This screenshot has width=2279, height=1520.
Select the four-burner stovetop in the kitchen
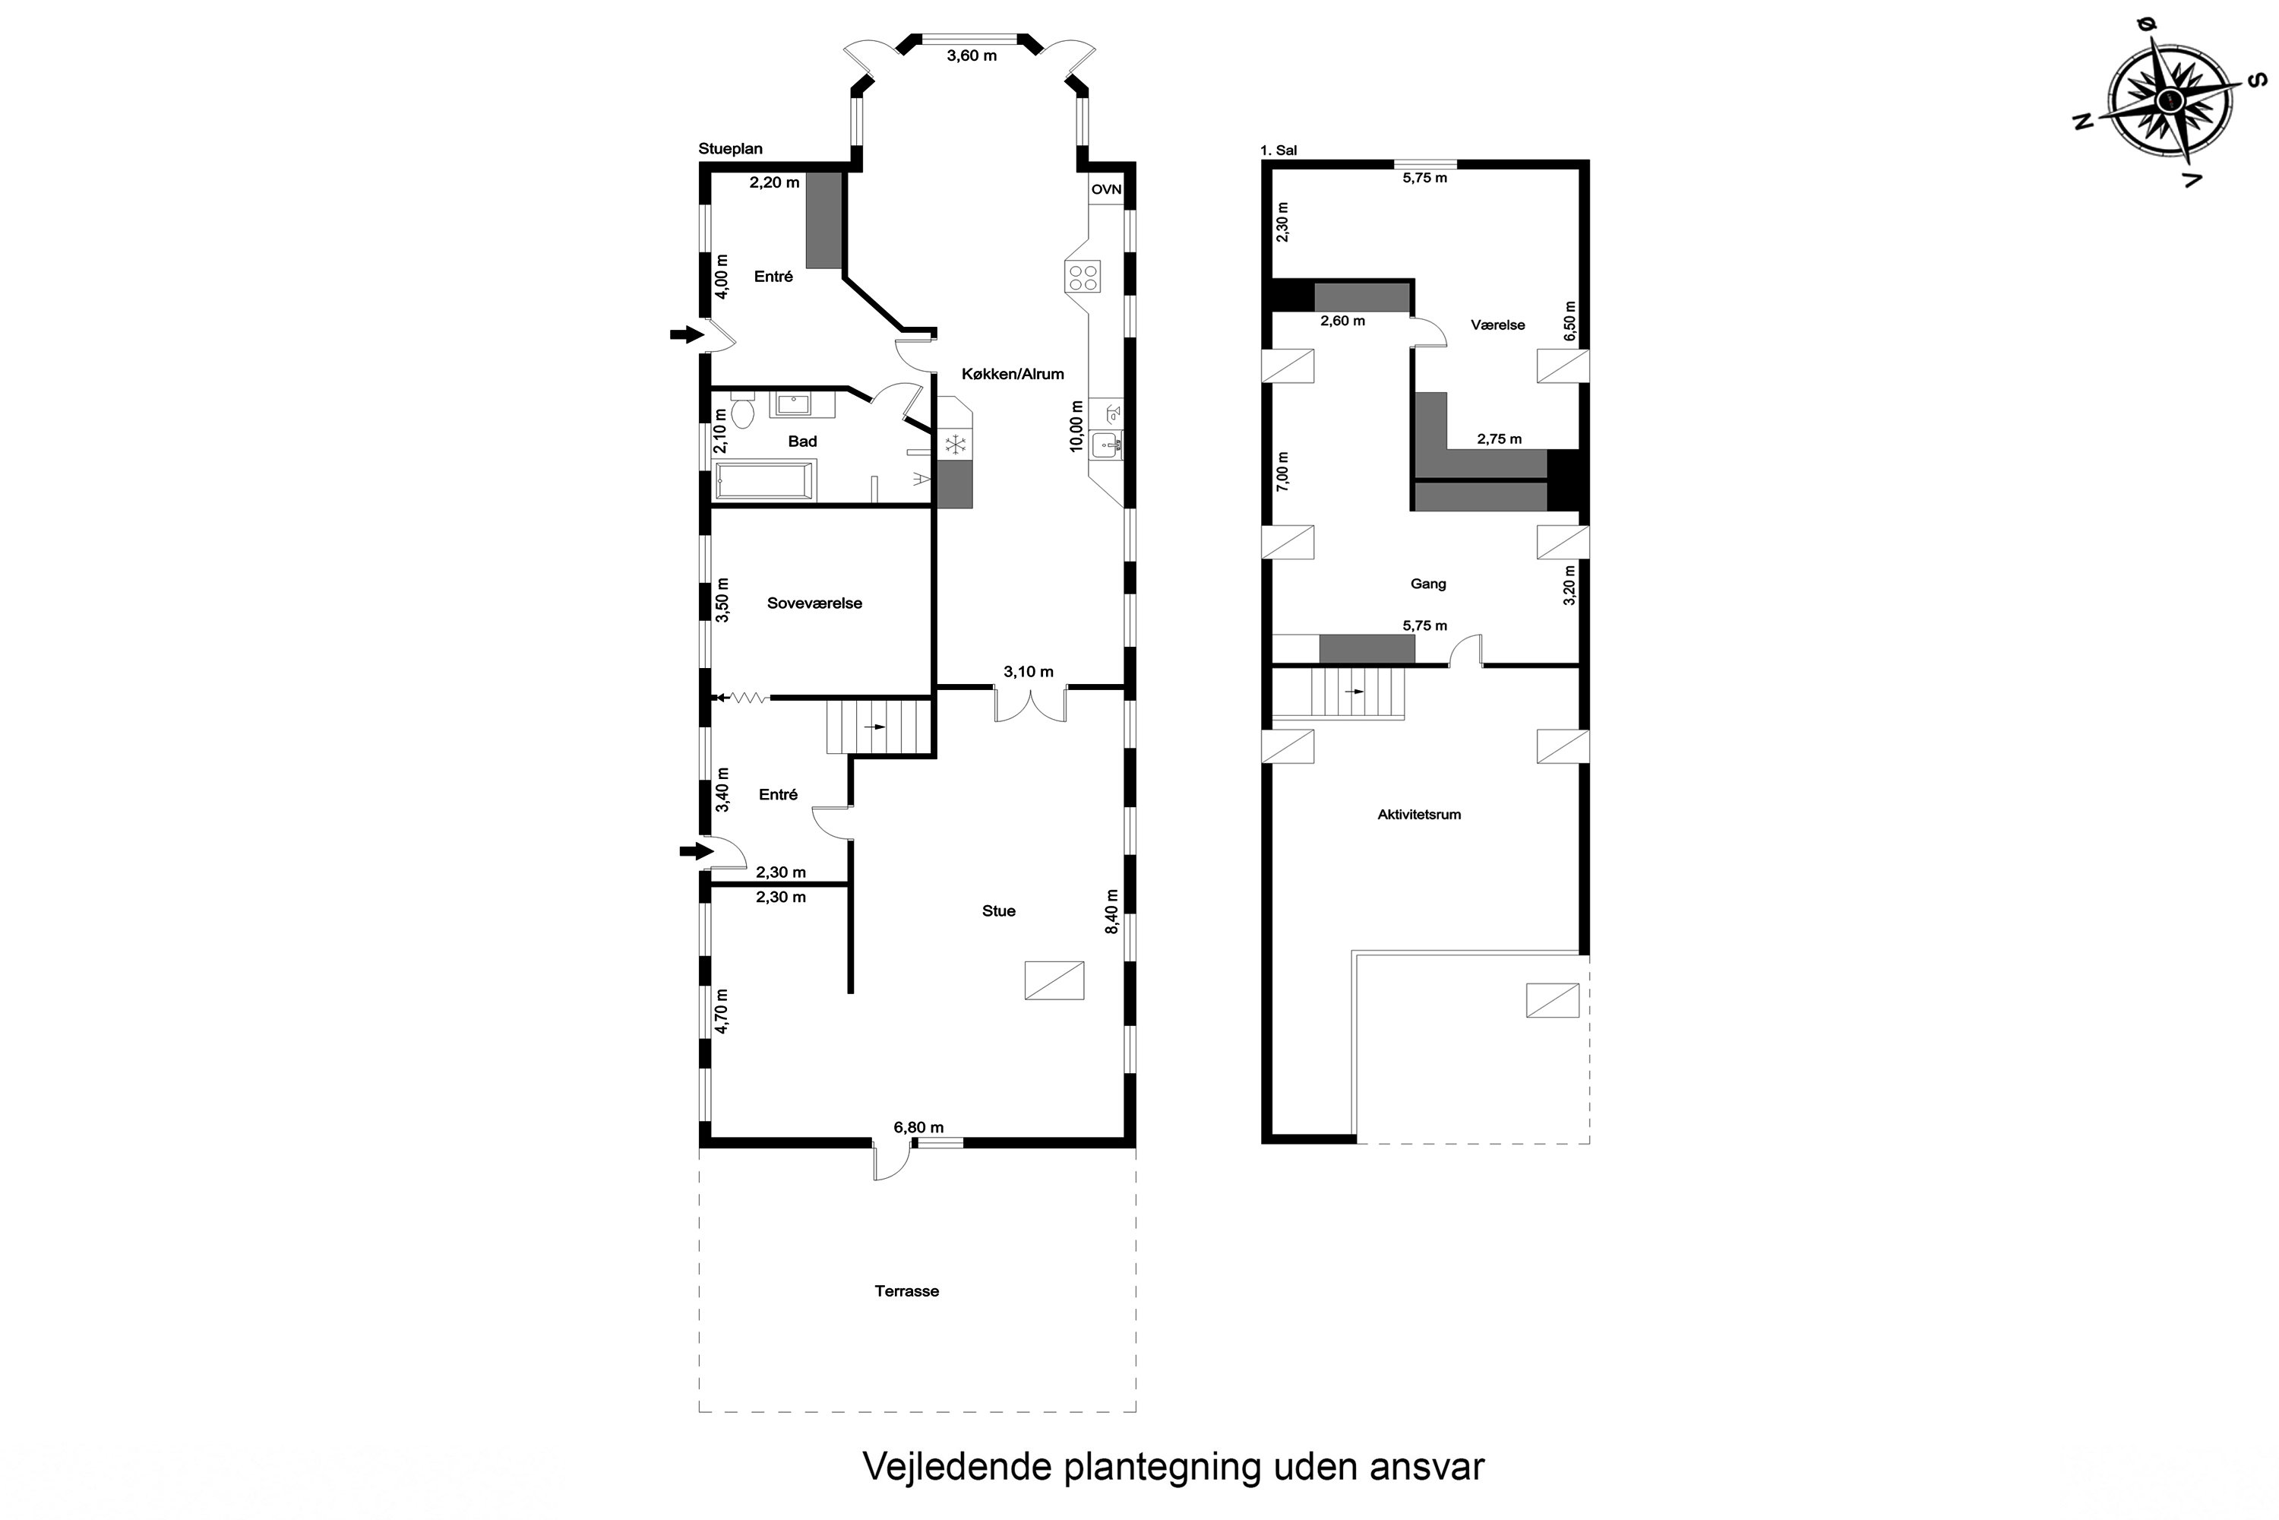(1083, 277)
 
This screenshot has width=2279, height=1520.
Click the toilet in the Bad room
(743, 411)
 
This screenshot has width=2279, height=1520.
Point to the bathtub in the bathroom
(763, 480)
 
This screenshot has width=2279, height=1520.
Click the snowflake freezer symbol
(956, 445)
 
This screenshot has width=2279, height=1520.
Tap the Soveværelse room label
(814, 603)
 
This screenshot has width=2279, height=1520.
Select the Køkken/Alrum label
(1013, 374)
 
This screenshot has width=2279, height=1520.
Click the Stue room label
(998, 911)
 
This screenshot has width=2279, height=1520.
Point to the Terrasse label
(906, 1291)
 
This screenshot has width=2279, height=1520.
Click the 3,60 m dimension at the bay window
(971, 56)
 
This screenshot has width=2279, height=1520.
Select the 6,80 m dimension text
(918, 1127)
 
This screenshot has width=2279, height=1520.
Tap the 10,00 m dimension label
(1076, 426)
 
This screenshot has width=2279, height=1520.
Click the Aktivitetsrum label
(1418, 814)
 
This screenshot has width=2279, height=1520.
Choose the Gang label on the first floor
(1427, 584)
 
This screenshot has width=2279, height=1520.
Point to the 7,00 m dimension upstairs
(1282, 472)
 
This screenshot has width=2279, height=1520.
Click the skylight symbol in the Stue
(1054, 980)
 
